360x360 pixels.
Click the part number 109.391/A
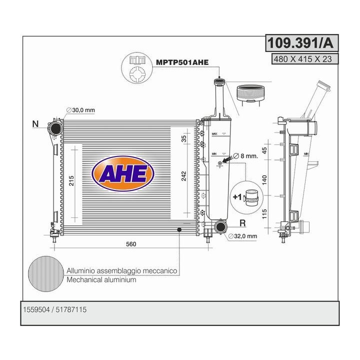tap(301, 43)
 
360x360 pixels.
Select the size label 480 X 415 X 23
tap(303, 59)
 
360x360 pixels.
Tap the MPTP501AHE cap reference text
tap(182, 62)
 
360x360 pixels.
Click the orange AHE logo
tap(122, 173)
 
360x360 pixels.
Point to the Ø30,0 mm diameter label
tap(80, 110)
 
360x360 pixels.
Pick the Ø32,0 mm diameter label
tap(242, 236)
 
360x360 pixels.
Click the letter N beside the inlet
tap(35, 124)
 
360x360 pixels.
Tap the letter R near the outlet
tap(242, 223)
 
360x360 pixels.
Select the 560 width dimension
tap(131, 244)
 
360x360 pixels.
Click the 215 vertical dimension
tap(71, 180)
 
